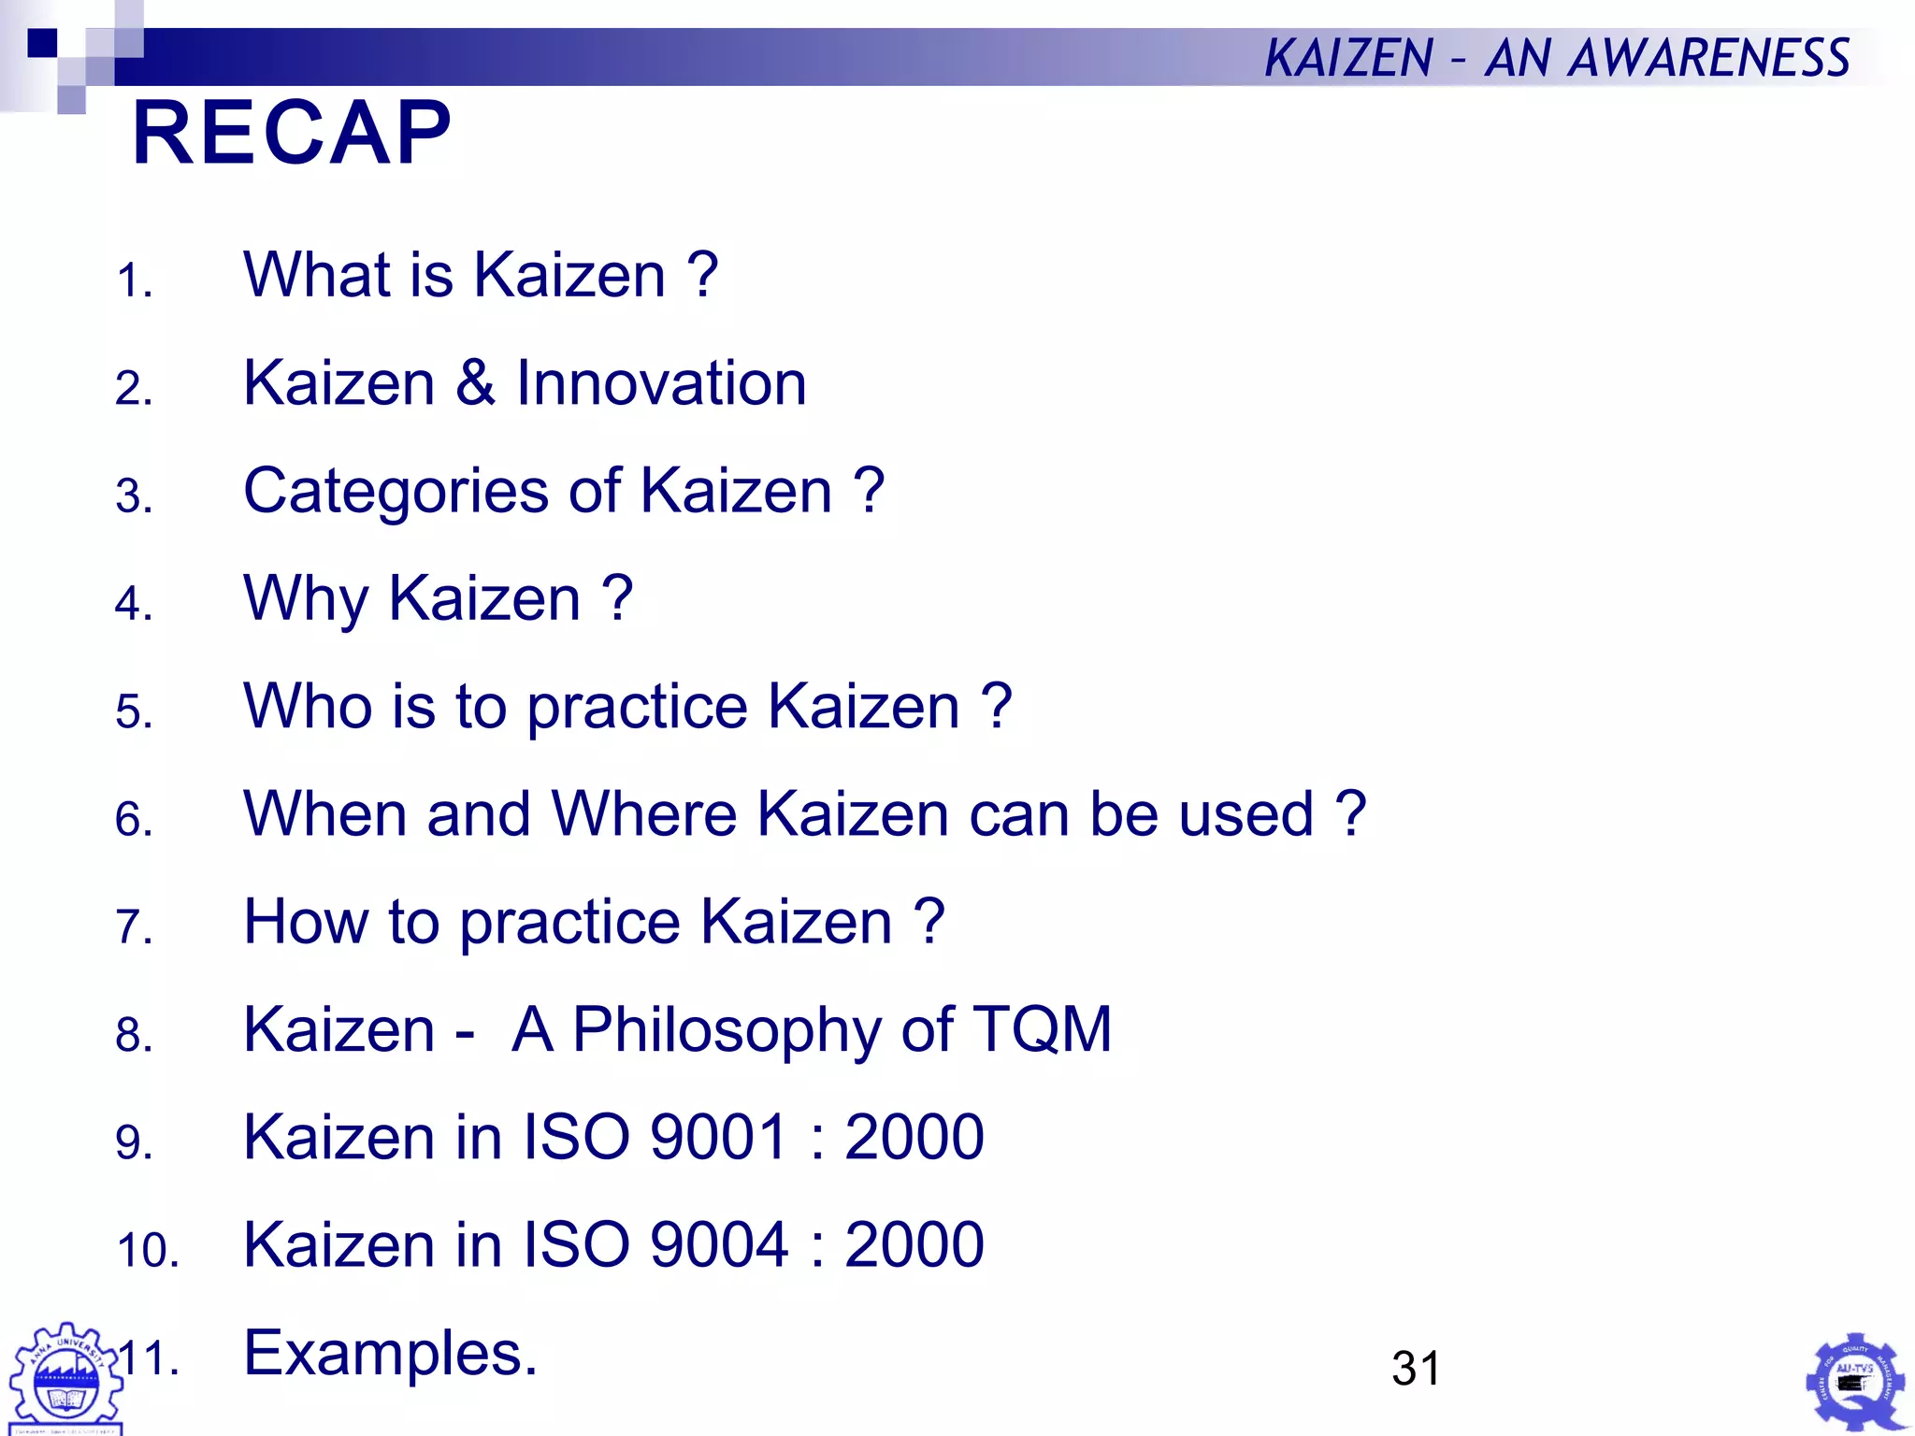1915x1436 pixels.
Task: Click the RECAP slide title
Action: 292,133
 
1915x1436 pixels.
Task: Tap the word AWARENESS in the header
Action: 1708,58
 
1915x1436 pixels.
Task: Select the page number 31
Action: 1416,1368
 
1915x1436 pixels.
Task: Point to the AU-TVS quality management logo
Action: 1855,1382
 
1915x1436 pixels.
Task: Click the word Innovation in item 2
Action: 661,383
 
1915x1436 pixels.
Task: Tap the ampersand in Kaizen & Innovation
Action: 475,383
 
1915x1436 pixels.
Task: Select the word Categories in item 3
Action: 396,493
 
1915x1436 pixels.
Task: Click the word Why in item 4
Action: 305,600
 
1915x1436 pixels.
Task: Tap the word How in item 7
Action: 305,922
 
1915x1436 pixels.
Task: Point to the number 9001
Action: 718,1137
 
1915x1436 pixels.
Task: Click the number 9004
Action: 718,1244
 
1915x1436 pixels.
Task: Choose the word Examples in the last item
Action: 390,1354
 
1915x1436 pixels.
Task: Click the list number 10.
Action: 147,1251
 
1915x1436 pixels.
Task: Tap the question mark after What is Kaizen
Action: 702,276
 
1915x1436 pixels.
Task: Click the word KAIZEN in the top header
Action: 1347,58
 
